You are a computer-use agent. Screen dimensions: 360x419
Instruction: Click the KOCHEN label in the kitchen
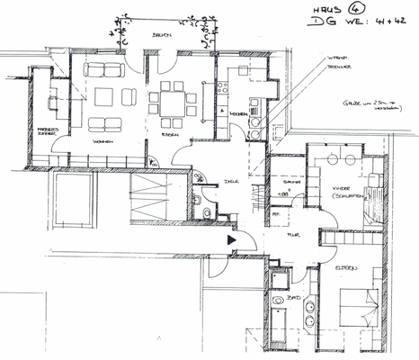[238, 114]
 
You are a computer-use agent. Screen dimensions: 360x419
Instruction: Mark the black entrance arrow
[233, 240]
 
